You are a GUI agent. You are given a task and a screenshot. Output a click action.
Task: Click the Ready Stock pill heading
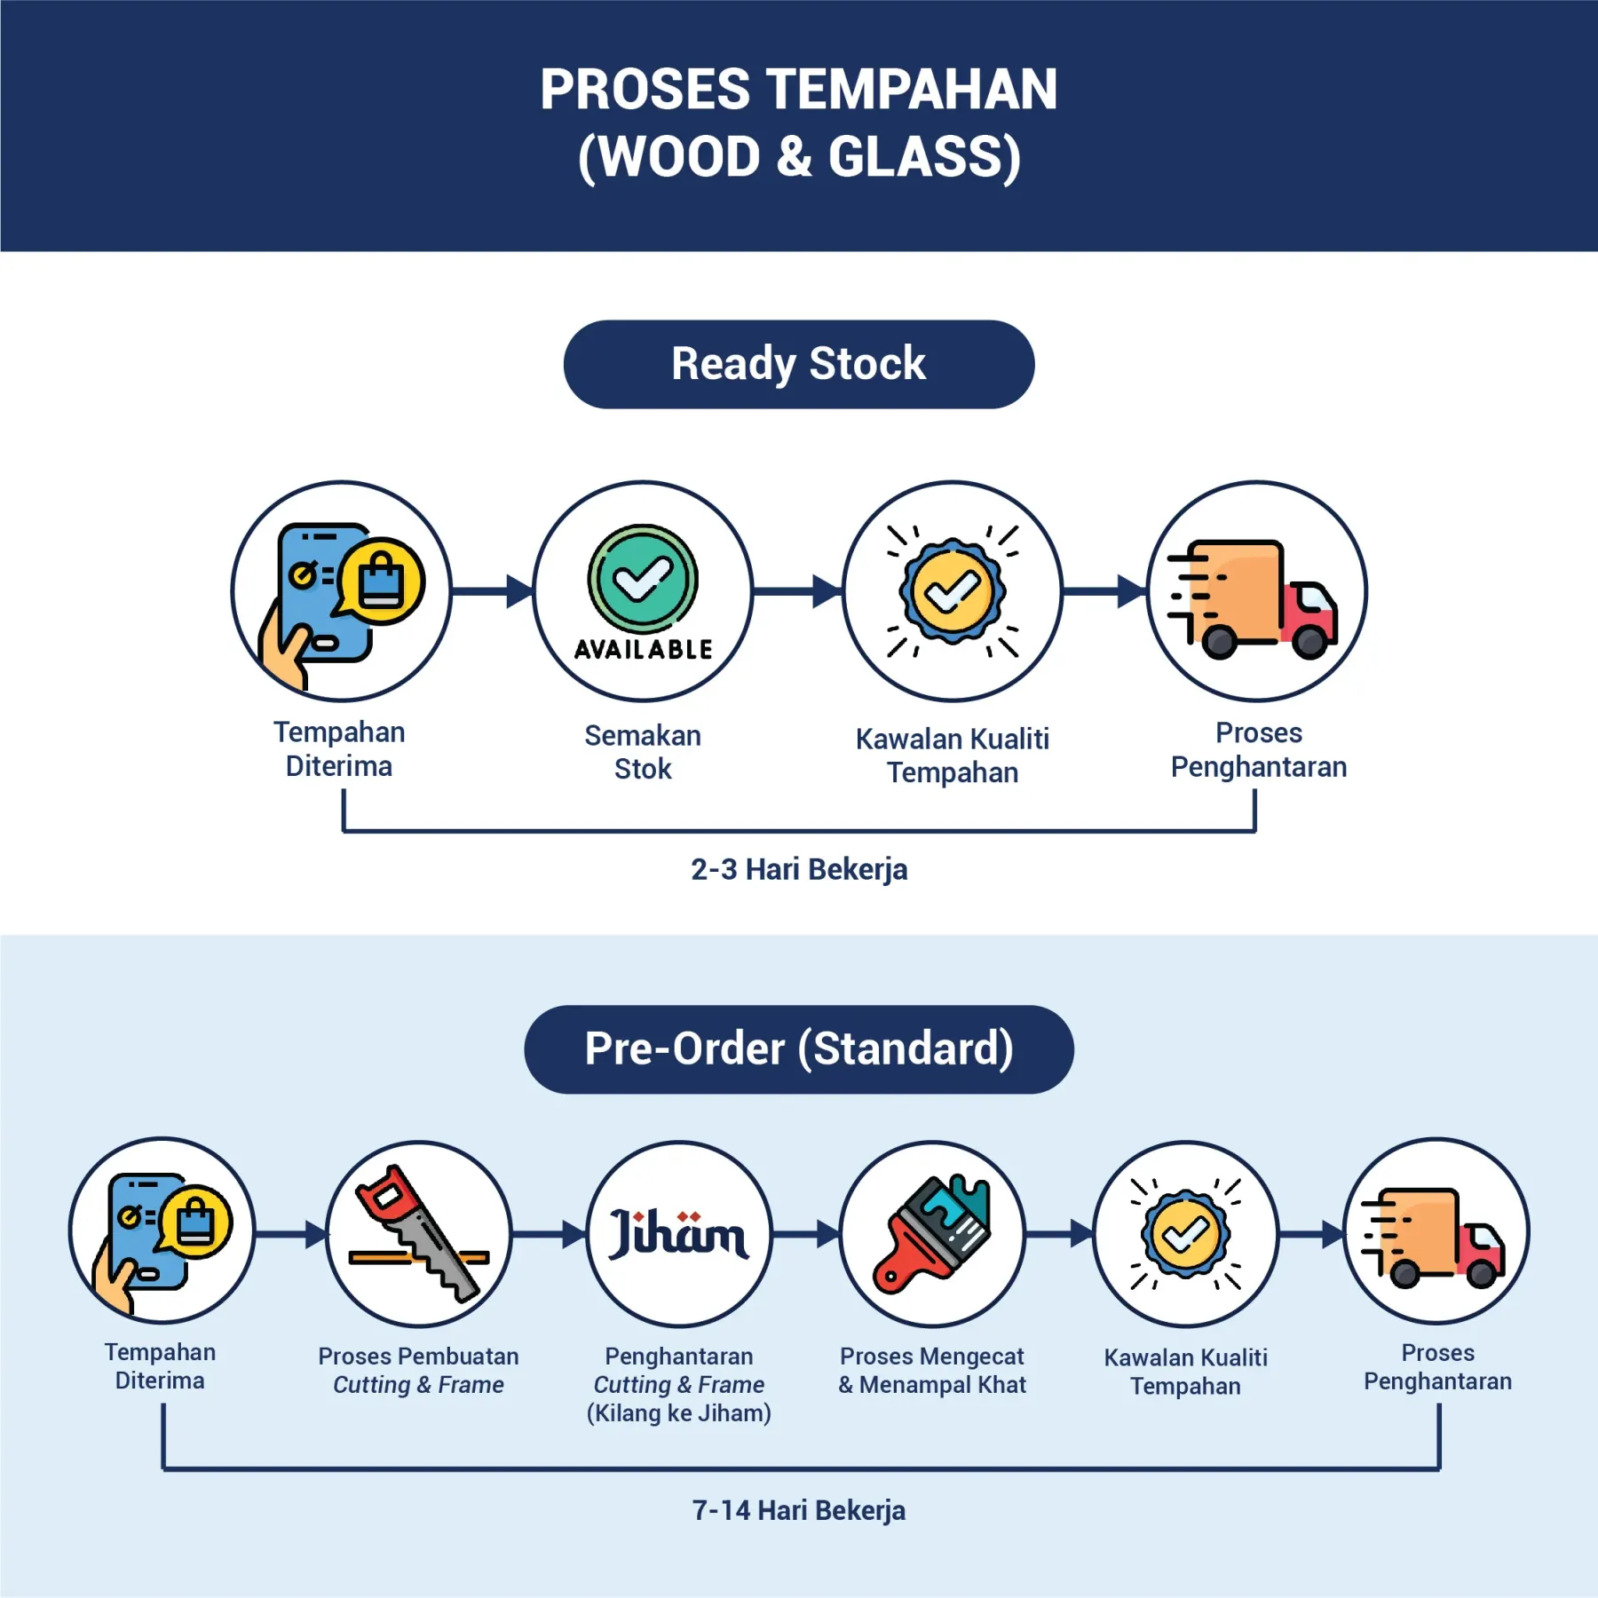coord(798,364)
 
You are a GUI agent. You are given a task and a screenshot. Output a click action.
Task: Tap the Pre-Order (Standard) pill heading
coord(798,1048)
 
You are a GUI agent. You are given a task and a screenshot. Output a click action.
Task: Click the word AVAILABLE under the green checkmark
coord(643,650)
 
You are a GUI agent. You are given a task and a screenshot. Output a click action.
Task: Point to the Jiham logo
coord(679,1234)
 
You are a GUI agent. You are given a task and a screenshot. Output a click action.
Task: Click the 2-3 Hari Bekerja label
coord(799,869)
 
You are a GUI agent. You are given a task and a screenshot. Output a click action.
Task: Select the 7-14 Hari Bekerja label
coord(799,1510)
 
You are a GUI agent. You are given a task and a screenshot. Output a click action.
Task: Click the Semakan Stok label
coord(643,752)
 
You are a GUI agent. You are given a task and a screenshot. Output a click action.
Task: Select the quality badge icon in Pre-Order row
coord(1185,1233)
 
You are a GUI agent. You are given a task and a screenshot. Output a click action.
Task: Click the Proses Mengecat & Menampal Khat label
coord(932,1371)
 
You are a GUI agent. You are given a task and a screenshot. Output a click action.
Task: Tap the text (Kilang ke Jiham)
coord(679,1413)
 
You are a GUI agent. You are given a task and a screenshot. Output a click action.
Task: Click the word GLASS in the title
coord(923,157)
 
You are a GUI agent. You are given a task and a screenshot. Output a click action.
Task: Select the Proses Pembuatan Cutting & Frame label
coord(419,1371)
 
